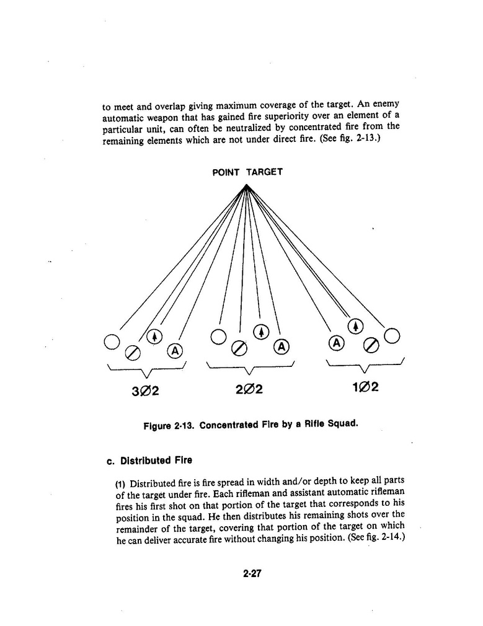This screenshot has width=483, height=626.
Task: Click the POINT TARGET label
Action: (247, 172)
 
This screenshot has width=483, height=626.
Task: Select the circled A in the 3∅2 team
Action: (175, 351)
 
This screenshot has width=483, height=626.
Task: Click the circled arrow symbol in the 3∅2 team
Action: (154, 337)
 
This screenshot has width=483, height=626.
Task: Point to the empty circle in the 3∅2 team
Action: (112, 342)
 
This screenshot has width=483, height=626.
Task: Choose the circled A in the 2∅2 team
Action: (283, 346)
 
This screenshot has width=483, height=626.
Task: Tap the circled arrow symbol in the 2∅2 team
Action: (262, 332)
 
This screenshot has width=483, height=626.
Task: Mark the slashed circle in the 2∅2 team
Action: (239, 348)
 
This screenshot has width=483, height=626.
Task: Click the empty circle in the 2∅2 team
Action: (218, 337)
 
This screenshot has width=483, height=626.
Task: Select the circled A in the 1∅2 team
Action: (336, 343)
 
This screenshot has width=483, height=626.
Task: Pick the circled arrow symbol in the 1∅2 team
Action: (355, 327)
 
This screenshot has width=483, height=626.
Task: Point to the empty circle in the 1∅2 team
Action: (392, 336)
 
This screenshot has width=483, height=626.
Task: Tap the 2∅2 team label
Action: (249, 389)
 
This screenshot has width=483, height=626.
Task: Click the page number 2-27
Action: (253, 573)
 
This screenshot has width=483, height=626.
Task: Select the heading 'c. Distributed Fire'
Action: (149, 461)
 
